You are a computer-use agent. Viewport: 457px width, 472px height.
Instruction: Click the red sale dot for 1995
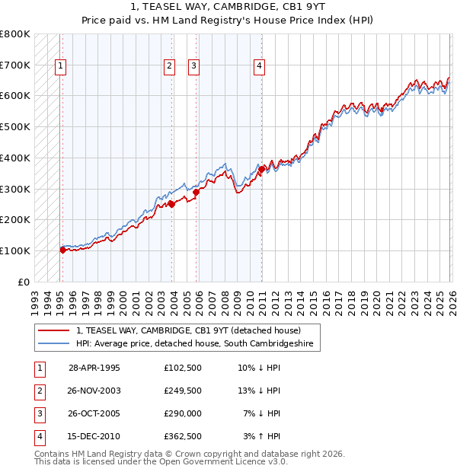tap(63, 249)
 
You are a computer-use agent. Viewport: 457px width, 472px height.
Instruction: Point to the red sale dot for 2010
tap(261, 168)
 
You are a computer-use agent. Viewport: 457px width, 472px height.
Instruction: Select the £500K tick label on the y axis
tap(15, 127)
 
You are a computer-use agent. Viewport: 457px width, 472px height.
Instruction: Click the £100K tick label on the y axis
tap(15, 250)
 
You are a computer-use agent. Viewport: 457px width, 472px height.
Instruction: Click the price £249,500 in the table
tap(182, 391)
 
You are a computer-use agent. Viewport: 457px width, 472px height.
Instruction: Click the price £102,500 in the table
tap(182, 368)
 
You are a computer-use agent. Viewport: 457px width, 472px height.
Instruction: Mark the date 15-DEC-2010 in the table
tap(94, 436)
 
